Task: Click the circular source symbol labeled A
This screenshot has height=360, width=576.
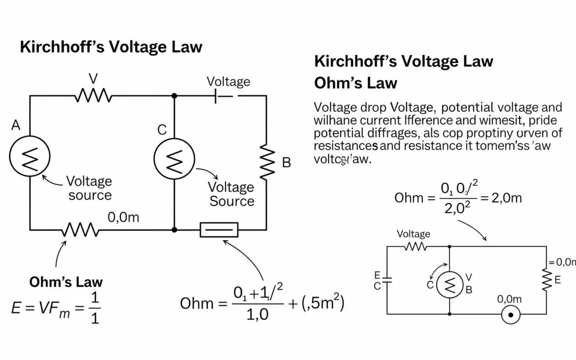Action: [30, 156]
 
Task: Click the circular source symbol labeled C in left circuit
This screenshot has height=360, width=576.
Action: [174, 159]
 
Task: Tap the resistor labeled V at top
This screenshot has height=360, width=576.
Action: [93, 96]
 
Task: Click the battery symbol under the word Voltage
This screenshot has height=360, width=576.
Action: [224, 96]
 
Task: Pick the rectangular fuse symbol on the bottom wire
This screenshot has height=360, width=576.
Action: [219, 230]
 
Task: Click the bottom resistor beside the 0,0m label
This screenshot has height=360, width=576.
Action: [80, 230]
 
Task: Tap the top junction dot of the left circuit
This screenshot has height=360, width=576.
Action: [174, 96]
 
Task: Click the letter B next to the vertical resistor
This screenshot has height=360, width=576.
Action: [286, 163]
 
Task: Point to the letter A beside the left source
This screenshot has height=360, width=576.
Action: [15, 126]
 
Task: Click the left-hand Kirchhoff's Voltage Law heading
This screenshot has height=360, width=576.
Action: [111, 47]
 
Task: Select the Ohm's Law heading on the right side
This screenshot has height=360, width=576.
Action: [356, 83]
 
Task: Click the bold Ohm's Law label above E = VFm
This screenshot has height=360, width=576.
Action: [66, 282]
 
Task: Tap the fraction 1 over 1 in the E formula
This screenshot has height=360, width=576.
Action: [94, 308]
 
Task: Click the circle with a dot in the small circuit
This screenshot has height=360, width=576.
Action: [510, 315]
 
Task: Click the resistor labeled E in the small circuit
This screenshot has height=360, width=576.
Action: [546, 280]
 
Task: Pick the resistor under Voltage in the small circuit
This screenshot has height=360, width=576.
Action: [415, 246]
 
